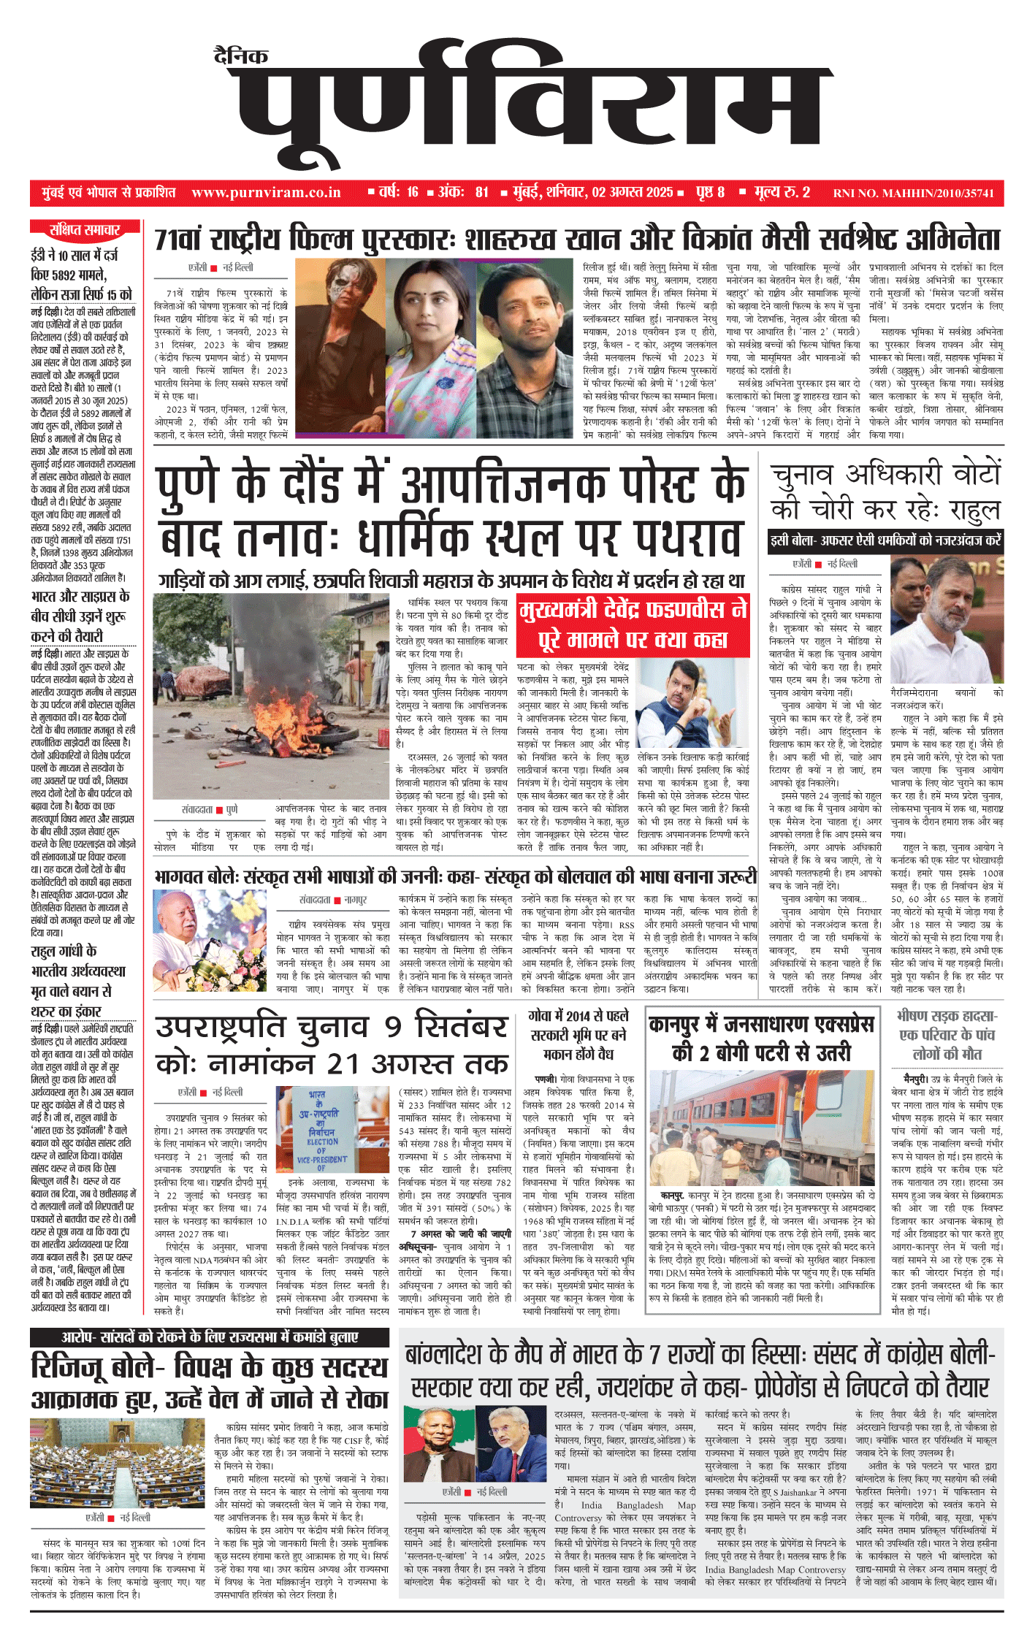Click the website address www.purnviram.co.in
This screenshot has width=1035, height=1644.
[x=266, y=193]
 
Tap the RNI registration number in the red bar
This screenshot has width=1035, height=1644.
[x=913, y=194]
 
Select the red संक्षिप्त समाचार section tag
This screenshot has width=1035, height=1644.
[x=85, y=230]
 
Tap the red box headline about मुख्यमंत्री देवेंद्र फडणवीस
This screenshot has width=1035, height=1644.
[x=633, y=625]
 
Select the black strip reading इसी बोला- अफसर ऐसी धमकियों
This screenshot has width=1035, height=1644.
[x=885, y=541]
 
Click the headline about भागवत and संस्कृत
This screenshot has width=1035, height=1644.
[x=456, y=876]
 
